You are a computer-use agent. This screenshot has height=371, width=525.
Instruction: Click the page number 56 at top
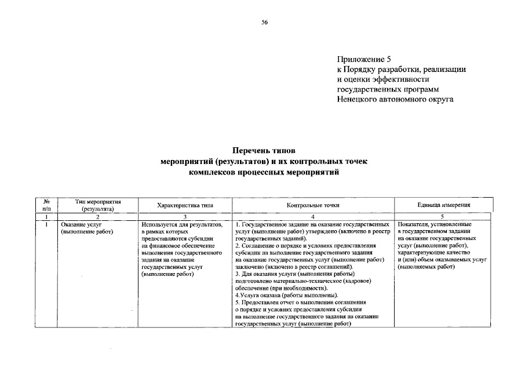click(x=264, y=23)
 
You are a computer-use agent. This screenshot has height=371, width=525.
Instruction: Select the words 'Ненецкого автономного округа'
click(x=395, y=99)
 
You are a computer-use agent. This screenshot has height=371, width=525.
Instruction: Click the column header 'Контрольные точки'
click(x=313, y=205)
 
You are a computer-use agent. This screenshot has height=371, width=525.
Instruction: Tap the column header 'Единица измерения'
click(x=443, y=205)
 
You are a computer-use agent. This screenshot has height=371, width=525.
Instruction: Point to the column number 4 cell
click(x=313, y=216)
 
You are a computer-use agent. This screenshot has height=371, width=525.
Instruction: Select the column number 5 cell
click(x=443, y=216)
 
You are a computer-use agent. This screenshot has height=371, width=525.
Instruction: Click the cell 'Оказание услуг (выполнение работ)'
click(x=87, y=227)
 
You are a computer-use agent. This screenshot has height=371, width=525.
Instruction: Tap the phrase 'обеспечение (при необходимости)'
click(x=282, y=288)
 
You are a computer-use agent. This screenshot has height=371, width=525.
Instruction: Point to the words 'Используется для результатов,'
click(x=181, y=224)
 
